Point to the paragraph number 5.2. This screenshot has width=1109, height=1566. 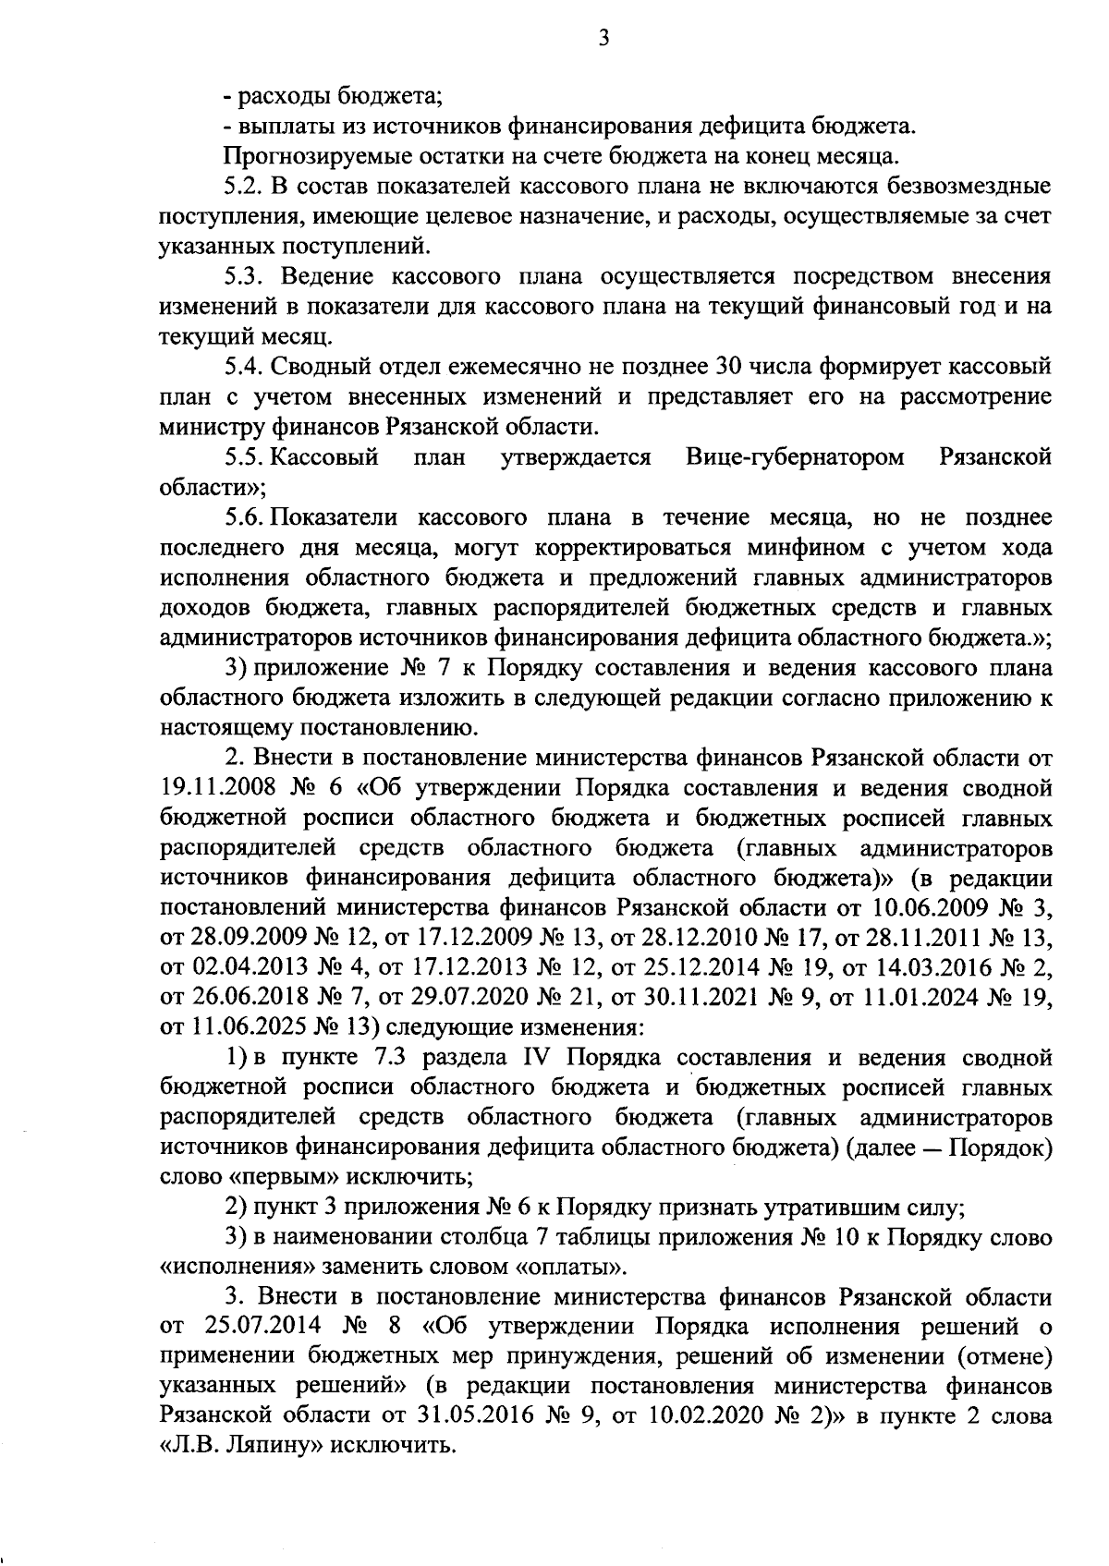[244, 187]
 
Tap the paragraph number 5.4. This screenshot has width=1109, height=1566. [244, 367]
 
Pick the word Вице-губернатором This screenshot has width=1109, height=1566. [796, 457]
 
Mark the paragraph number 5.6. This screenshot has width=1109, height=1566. [245, 517]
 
